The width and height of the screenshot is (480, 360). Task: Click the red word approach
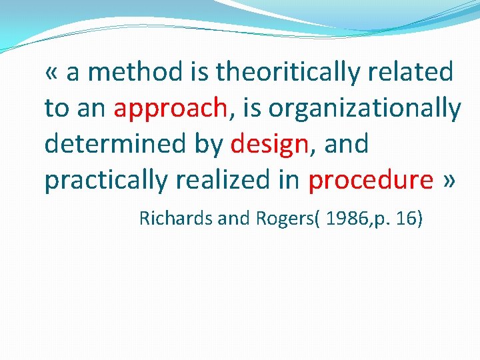171,109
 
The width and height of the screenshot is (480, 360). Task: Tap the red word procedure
371,181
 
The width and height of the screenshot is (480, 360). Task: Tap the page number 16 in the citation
406,219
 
